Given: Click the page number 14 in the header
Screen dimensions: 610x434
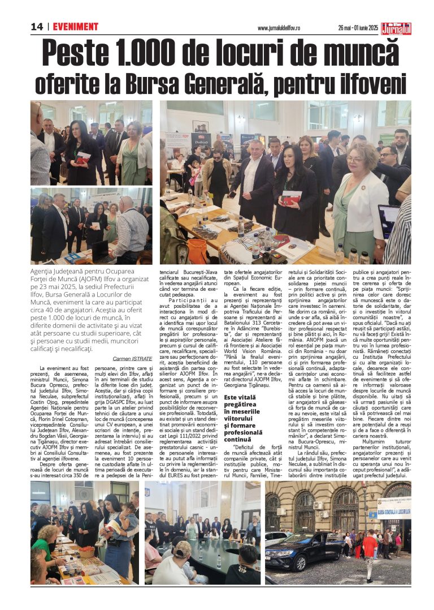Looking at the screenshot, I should (x=37, y=27).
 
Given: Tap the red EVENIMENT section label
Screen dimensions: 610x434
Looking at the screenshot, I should (x=76, y=27).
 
